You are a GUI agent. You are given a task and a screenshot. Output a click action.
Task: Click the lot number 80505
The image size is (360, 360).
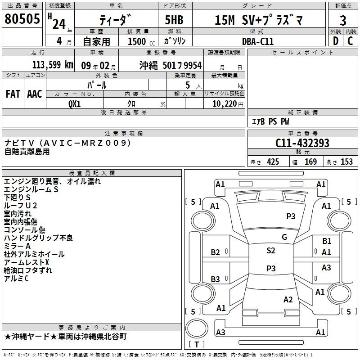22,18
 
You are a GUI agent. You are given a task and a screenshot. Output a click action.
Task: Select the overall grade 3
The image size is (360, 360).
343,20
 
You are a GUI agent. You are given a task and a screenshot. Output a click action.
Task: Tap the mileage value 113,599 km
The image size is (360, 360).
53,65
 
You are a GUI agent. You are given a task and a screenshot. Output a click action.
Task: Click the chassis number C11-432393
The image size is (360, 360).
302,143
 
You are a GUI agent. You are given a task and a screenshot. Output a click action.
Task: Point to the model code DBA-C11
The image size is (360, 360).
258,41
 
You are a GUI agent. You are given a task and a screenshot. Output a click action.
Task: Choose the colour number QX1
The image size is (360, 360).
75,104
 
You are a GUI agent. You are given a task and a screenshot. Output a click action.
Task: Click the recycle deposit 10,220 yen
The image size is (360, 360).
228,104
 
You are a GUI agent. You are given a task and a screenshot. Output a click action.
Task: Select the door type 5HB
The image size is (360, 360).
174,20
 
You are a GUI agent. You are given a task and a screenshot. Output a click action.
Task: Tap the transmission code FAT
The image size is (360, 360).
13,94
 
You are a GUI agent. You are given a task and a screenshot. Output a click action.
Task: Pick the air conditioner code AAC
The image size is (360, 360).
35,94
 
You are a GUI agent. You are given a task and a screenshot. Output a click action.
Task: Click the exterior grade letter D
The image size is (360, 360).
336,41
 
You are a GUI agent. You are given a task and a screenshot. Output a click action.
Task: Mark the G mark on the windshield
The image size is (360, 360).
284,237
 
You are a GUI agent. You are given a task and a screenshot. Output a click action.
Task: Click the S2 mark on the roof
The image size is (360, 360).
271,251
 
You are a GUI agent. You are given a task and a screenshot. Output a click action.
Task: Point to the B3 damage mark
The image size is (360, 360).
216,279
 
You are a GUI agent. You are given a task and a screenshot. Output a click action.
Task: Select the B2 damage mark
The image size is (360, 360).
216,252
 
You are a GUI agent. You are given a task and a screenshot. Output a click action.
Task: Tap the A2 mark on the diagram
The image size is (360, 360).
288,299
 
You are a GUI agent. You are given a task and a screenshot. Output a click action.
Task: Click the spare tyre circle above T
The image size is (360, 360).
197,328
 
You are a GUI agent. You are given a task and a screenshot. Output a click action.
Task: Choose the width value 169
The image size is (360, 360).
310,162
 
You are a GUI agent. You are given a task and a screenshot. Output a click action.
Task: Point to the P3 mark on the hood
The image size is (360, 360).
291,216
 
